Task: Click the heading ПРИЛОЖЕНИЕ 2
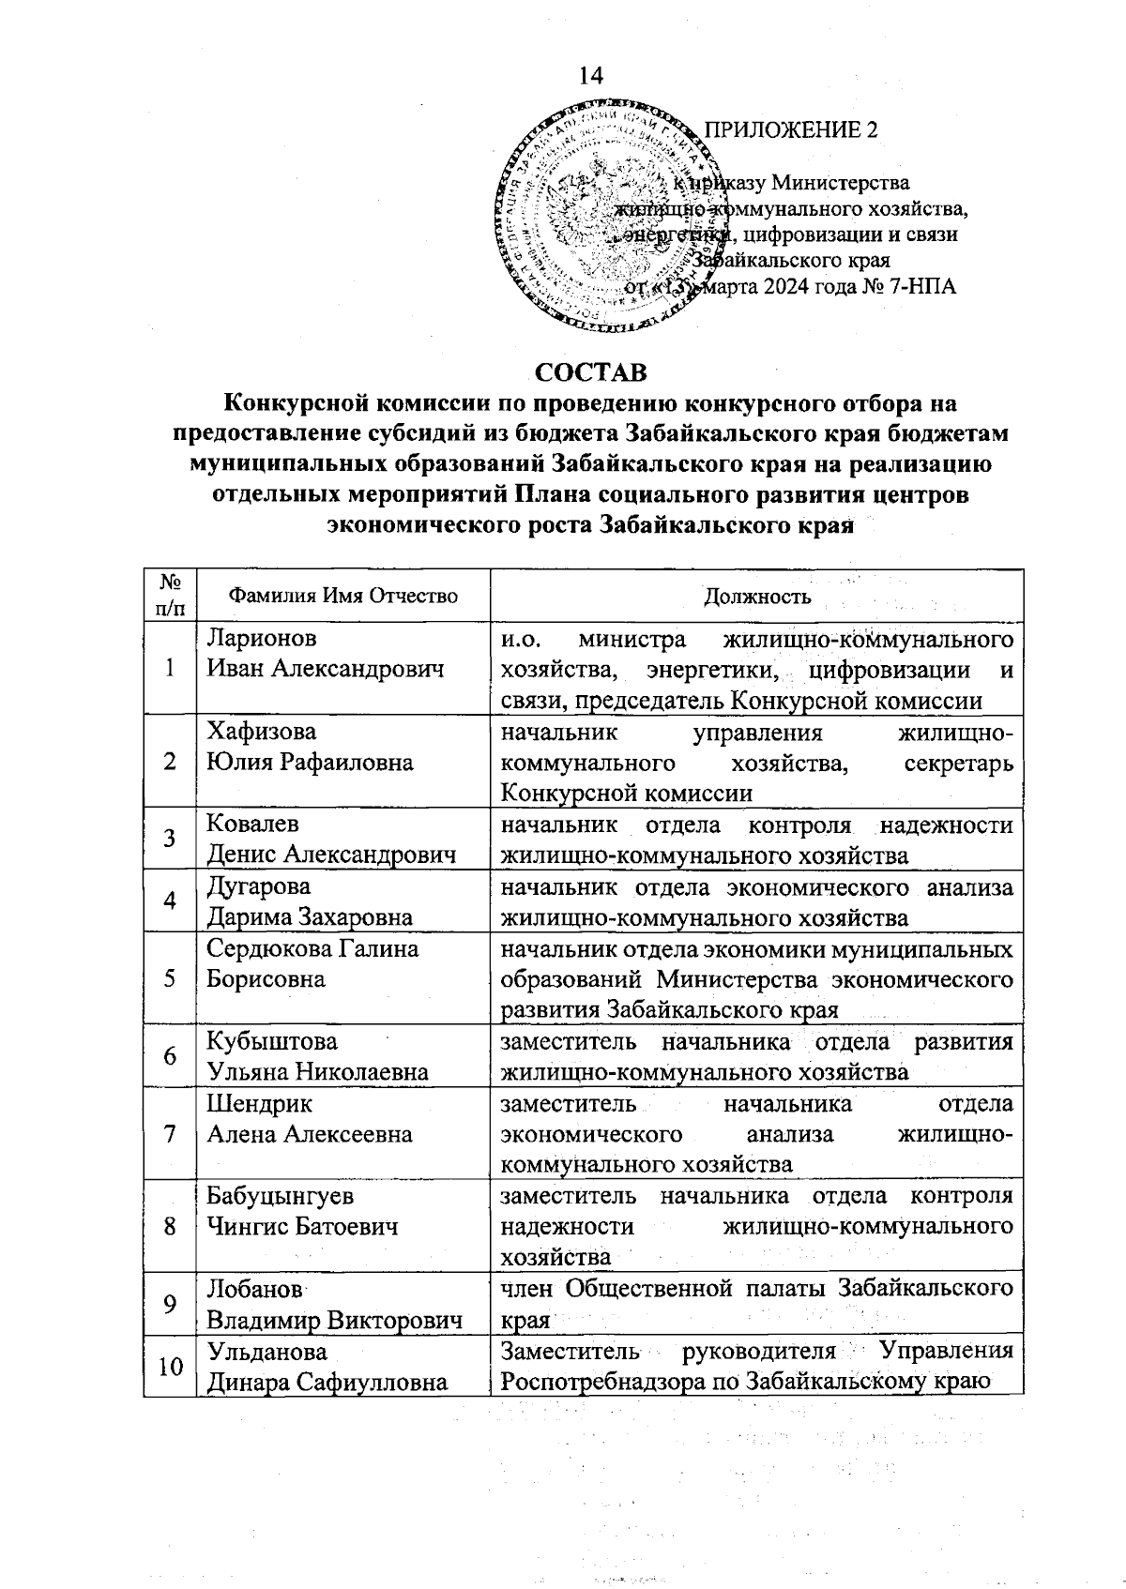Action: point(790,129)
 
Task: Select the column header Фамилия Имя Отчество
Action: point(343,596)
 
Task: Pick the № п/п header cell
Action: point(170,596)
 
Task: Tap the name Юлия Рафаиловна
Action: point(310,762)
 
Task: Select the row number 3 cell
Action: point(170,839)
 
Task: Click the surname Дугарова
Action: point(258,885)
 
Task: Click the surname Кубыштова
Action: point(272,1041)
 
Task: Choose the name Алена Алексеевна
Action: point(309,1134)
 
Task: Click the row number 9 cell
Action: point(170,1304)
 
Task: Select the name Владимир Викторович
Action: point(334,1320)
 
